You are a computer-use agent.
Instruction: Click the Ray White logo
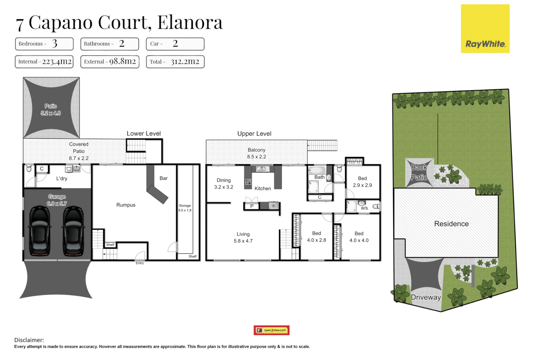[485, 29]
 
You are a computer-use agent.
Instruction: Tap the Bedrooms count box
[44, 44]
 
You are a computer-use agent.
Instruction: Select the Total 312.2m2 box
[175, 62]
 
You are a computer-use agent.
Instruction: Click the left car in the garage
[40, 231]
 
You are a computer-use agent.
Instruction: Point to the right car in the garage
[74, 231]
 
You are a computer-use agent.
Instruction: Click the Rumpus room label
[126, 205]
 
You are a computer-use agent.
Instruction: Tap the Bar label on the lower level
[163, 178]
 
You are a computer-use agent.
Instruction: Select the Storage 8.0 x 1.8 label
[185, 208]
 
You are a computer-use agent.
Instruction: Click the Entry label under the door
[140, 263]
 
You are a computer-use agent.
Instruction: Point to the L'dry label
[62, 179]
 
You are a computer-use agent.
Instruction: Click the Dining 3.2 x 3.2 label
[223, 184]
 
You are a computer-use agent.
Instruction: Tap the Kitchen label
[263, 189]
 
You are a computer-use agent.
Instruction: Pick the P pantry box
[252, 206]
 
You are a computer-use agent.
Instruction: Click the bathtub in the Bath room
[316, 170]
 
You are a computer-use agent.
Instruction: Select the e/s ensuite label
[364, 208]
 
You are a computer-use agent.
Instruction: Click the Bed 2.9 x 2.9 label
[362, 182]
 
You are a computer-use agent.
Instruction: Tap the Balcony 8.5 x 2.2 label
[256, 153]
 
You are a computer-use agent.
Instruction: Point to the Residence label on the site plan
[451, 224]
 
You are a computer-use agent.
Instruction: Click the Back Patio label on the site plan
[419, 172]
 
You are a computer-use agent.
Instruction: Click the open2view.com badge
[271, 330]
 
